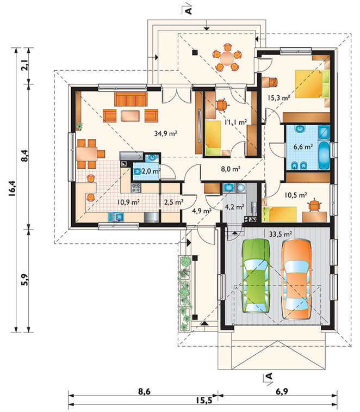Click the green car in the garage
pos(256,276)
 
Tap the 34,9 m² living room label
pos(165,133)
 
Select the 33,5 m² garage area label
pos(281,234)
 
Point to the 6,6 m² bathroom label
pos(303,146)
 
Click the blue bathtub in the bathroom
pos(324,155)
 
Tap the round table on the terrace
pos(227,58)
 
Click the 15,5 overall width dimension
pos(203,400)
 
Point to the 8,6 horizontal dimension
pos(144,391)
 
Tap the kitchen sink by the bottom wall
pos(116,217)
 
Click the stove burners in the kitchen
pos(136,187)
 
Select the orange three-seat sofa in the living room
pos(131,99)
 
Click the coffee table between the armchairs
pos(130,116)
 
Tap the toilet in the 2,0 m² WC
pos(137,171)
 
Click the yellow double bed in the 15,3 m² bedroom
pos(312,84)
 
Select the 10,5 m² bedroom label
pos(296,195)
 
